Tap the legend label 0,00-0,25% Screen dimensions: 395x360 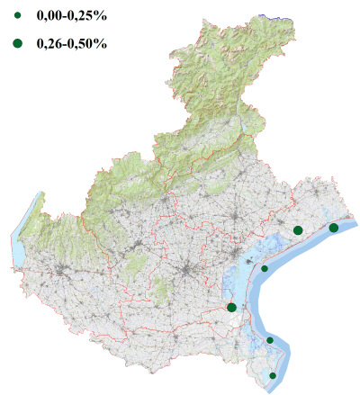coord(71,16)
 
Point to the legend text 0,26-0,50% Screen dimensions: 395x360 coord(71,42)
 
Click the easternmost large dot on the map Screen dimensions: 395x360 coord(334,228)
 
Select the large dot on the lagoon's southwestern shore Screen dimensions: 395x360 coord(232,308)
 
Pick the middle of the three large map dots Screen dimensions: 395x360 coord(298,230)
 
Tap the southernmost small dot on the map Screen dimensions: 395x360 coord(273,375)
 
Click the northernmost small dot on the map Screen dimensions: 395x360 coord(265,268)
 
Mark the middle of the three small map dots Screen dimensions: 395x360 coord(270,340)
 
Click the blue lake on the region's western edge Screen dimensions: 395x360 coord(18,243)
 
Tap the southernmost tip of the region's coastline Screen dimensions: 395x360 coord(273,388)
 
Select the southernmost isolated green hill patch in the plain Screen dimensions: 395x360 coord(162,290)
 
